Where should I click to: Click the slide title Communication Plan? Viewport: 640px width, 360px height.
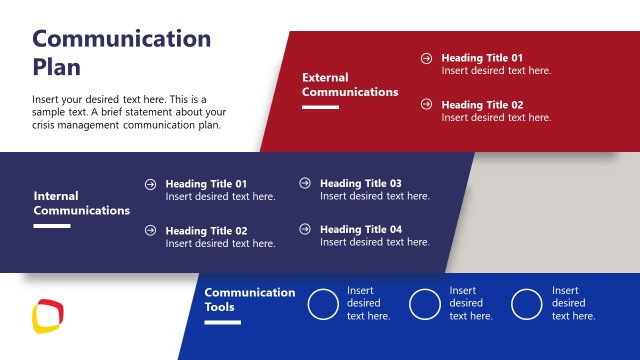[122, 53]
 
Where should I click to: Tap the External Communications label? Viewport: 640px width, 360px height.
[350, 84]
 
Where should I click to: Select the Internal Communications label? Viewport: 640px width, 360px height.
[82, 203]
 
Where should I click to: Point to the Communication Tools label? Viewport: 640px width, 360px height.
[250, 299]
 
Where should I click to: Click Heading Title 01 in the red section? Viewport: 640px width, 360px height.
[482, 58]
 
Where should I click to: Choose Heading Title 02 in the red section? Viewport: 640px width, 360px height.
[482, 104]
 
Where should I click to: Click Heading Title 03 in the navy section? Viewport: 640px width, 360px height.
[361, 183]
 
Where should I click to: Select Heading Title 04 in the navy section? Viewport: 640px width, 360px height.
[361, 229]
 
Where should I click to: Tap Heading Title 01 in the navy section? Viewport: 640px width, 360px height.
[206, 184]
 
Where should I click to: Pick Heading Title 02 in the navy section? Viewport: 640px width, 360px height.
[206, 230]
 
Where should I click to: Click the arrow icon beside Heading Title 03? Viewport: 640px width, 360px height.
[305, 183]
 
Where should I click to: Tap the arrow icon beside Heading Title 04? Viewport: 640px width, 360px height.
[305, 229]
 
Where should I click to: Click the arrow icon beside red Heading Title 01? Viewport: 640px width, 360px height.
[427, 58]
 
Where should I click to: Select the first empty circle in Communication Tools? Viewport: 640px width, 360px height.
[323, 304]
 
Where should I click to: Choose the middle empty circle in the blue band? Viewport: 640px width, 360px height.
[425, 304]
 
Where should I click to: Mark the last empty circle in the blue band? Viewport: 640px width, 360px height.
[527, 304]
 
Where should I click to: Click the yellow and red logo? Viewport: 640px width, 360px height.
[48, 316]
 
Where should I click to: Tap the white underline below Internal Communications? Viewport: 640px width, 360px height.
[52, 226]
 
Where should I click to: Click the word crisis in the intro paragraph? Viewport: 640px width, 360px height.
[46, 125]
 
